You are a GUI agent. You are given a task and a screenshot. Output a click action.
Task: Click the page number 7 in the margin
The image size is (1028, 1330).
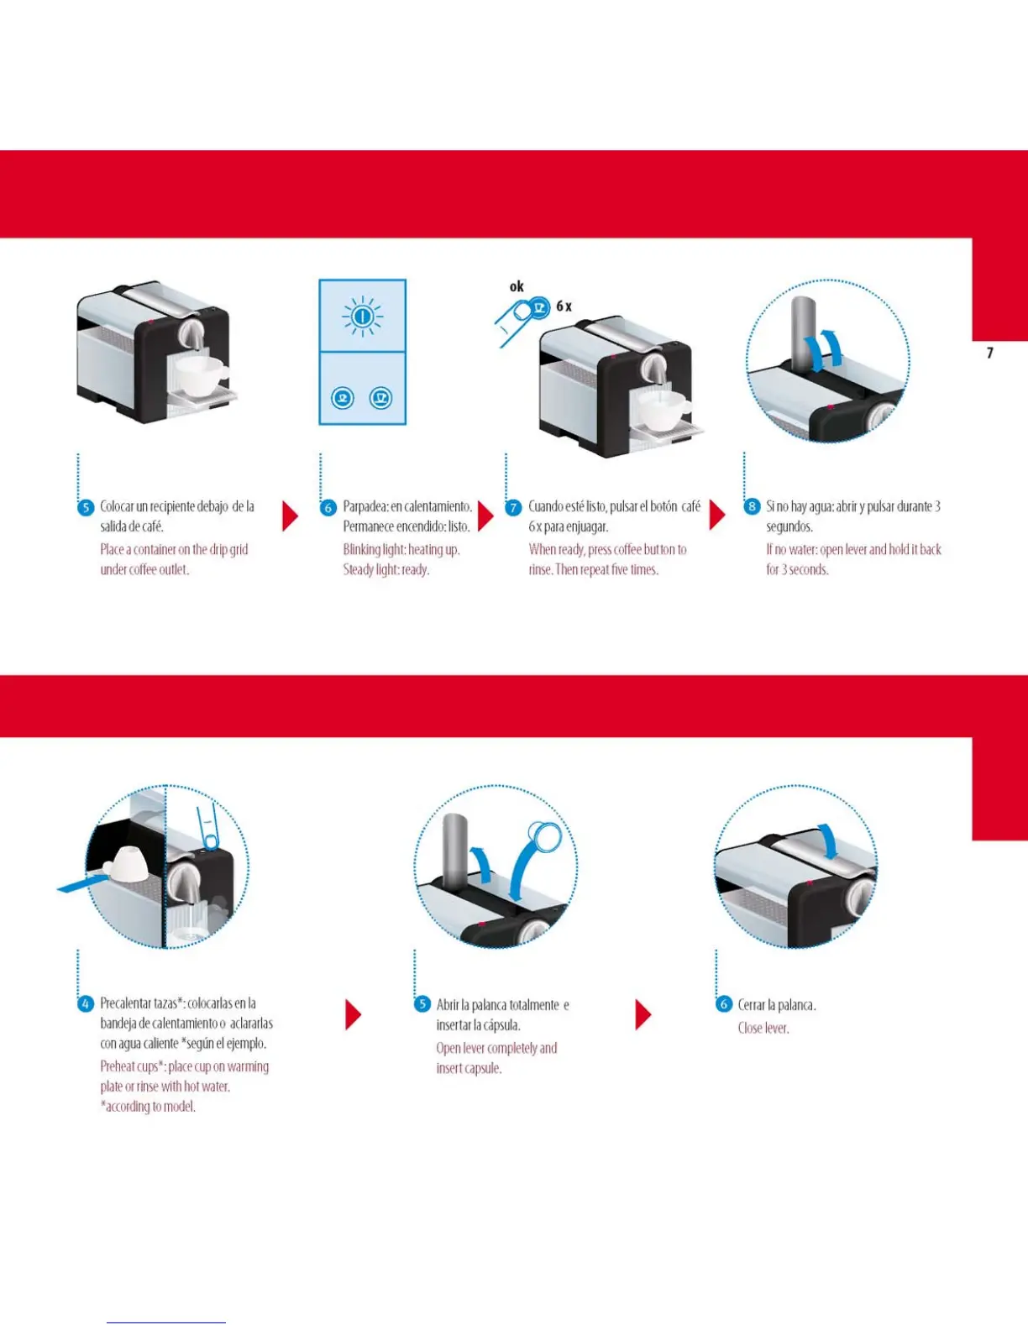tap(989, 353)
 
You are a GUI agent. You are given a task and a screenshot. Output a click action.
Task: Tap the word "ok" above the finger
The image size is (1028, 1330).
tap(517, 287)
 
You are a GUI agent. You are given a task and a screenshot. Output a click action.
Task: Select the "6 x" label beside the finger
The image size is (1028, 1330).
tap(564, 306)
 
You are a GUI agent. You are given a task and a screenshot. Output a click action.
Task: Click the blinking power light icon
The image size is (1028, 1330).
tap(362, 317)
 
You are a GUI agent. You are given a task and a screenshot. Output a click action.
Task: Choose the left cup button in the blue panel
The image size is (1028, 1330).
tap(343, 398)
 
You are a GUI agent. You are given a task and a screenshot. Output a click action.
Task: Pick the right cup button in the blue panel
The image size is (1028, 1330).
tap(381, 398)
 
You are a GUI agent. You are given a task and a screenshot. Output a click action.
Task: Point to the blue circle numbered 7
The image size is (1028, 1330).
tap(513, 508)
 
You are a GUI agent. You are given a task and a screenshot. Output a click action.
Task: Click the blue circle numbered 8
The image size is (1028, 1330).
tap(752, 506)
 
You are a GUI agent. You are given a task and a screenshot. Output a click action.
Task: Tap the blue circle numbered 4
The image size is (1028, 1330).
tap(86, 1004)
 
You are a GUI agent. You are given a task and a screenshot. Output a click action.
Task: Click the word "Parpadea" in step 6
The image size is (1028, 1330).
tap(365, 506)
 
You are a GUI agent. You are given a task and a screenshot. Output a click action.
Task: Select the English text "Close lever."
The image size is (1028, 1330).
tap(763, 1028)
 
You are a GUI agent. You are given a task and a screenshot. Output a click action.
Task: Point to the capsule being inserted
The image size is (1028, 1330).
tap(545, 836)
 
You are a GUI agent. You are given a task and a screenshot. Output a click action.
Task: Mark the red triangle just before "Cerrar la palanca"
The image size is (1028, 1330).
tap(642, 1014)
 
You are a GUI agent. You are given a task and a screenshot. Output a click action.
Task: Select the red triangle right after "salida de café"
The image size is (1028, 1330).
tap(289, 516)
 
